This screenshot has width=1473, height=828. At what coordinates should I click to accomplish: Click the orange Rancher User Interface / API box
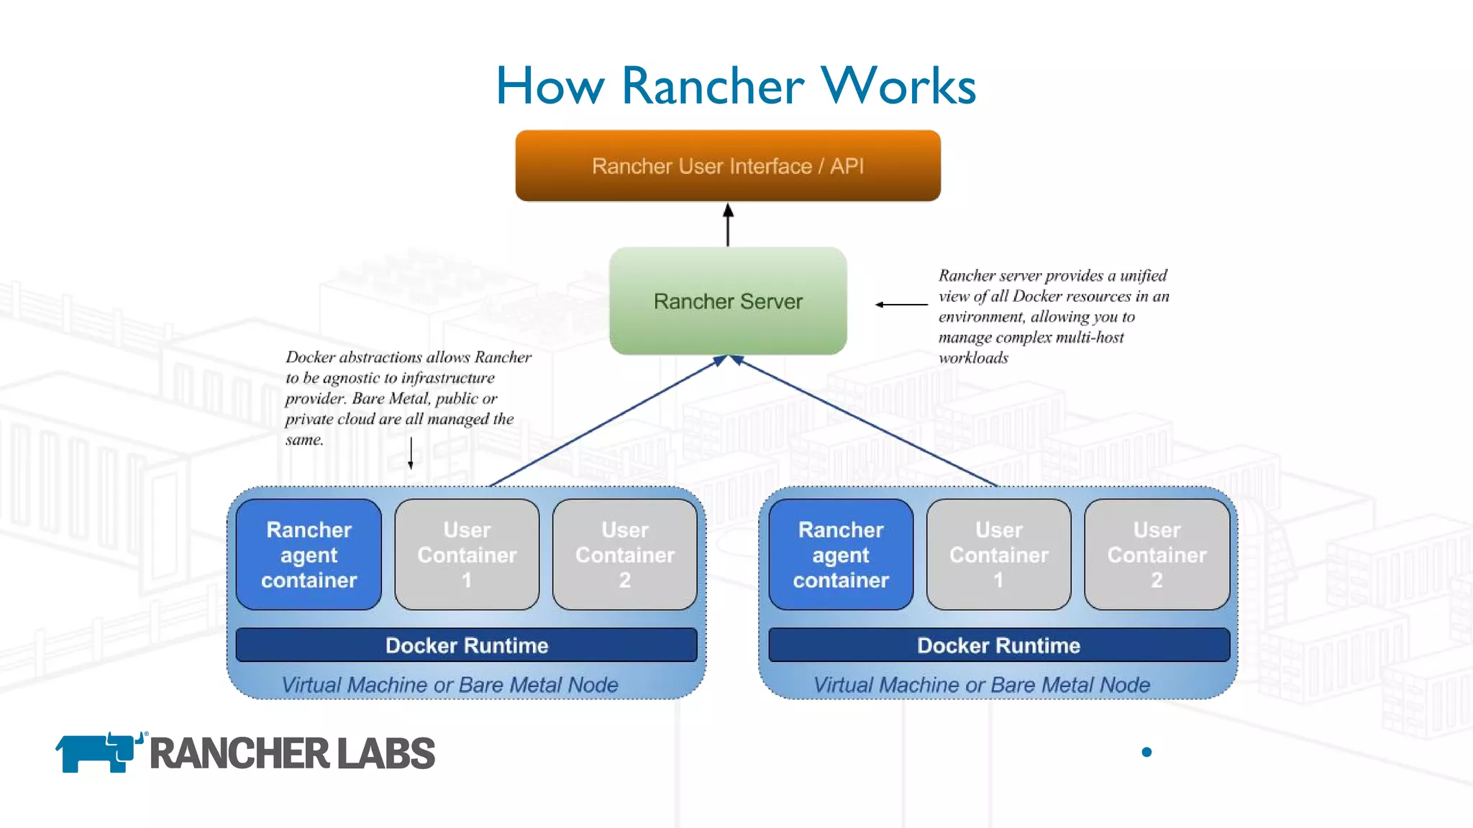click(728, 166)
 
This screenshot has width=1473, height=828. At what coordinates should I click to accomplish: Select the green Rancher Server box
click(728, 301)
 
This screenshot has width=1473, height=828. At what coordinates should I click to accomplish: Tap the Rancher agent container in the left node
click(309, 555)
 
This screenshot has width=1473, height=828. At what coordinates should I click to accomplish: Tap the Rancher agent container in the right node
click(841, 555)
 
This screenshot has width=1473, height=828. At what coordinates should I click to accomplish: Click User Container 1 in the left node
click(467, 555)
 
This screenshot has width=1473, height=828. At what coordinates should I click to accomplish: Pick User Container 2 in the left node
click(624, 555)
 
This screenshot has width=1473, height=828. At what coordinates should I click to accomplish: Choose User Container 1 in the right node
click(998, 555)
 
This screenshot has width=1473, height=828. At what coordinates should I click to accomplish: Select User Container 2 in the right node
click(1157, 555)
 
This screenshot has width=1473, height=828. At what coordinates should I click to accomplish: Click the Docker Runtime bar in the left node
click(466, 645)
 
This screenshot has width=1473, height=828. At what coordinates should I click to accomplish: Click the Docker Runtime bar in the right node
click(998, 645)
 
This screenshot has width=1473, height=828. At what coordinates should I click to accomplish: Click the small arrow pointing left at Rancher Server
click(900, 305)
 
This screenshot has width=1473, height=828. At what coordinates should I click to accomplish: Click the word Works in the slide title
click(898, 86)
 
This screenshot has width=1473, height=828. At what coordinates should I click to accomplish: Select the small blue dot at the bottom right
click(1146, 752)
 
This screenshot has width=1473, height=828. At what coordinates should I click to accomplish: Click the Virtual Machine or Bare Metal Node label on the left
click(450, 685)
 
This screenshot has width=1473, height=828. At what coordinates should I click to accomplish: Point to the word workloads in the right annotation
click(973, 358)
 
